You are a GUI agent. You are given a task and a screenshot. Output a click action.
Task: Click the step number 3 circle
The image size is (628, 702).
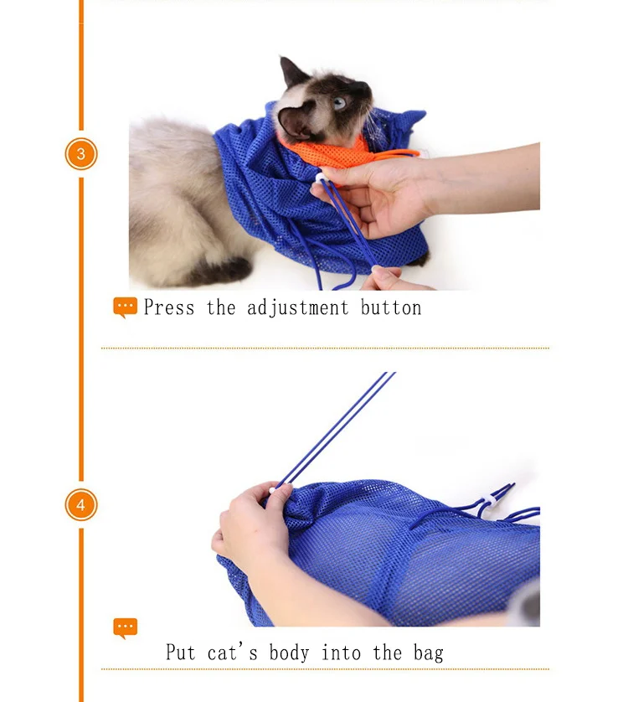81,154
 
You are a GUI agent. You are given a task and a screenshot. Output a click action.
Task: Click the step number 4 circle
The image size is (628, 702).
81,505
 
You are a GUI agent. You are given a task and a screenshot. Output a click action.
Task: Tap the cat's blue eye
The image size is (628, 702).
339,103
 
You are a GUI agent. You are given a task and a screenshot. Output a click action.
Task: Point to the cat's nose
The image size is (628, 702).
368,89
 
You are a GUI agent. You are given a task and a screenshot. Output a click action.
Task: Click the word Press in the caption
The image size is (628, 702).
169,307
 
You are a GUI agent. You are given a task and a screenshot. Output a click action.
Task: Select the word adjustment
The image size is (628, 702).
297,308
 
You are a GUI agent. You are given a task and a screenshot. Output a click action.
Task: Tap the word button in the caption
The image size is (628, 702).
391,308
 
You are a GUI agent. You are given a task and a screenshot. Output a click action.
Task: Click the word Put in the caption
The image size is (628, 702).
180,652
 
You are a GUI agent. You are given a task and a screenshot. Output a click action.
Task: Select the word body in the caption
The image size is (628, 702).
289,653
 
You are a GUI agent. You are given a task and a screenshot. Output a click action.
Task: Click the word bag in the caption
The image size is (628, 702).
429,653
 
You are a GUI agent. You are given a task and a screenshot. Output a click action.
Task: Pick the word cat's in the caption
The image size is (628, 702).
233,652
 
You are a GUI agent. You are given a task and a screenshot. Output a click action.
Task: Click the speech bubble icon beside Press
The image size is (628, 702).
126,307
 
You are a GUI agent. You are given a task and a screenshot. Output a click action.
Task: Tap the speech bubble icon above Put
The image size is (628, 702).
126,628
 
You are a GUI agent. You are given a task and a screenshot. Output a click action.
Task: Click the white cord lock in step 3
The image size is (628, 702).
321,178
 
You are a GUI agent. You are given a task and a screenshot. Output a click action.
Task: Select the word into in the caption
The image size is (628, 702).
341,653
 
